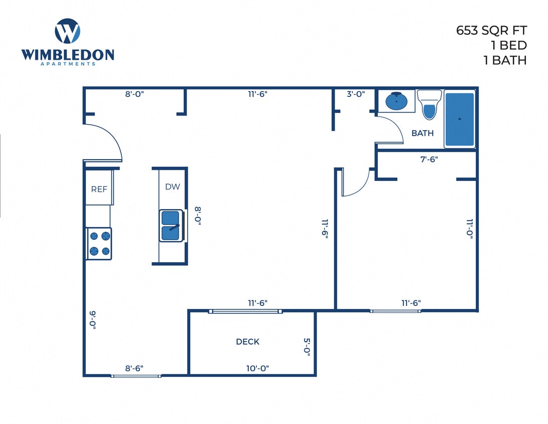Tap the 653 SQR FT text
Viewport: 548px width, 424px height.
click(491, 30)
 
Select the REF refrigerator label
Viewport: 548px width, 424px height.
click(98, 189)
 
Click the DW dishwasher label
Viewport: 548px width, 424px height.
click(172, 186)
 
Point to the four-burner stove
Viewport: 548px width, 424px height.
click(99, 244)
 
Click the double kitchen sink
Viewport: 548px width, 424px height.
click(171, 225)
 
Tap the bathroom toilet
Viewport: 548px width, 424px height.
click(429, 104)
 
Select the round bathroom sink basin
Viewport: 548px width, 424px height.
click(397, 101)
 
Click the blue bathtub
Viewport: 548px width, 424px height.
click(460, 119)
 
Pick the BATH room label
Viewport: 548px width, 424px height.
click(423, 133)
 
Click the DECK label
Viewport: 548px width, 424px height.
click(247, 342)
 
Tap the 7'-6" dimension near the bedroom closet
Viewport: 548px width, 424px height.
click(429, 159)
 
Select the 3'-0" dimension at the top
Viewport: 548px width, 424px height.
click(356, 93)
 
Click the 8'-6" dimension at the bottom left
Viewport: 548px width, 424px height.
click(134, 368)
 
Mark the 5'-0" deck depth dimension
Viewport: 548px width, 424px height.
click(308, 347)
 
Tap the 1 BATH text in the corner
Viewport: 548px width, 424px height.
click(504, 60)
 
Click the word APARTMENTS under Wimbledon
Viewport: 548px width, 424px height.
click(67, 64)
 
